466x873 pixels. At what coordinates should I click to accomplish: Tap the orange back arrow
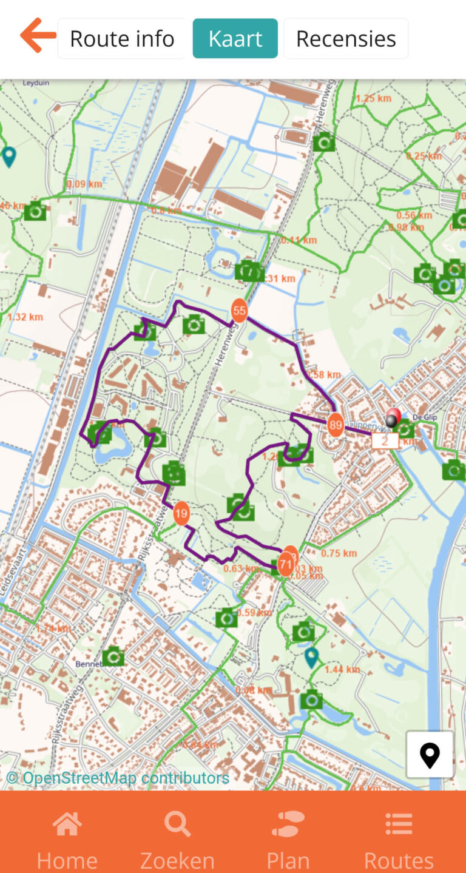coord(38,36)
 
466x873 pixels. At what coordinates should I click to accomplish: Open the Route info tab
coord(122,39)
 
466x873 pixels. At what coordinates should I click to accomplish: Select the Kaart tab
coord(235,39)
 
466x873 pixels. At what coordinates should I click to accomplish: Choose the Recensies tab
coord(346,39)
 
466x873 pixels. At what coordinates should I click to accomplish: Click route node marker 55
coord(240,311)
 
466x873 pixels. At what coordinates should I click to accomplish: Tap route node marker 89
coord(335,425)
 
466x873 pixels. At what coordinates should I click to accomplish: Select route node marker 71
coord(286,564)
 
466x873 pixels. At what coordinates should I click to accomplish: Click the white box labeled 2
coord(385,441)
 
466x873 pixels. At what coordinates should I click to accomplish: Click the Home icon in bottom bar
coord(67,824)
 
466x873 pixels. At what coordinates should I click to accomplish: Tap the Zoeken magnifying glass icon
coord(177,824)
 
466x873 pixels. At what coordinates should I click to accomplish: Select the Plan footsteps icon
coord(288,824)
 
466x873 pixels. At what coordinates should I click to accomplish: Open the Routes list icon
coord(399,824)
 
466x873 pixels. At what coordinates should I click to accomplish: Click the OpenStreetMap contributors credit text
coord(118,778)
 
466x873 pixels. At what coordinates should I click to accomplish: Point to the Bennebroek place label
coord(91,664)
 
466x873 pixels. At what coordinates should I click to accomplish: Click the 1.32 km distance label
coord(24,317)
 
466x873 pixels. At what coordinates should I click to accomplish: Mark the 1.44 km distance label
coord(342,670)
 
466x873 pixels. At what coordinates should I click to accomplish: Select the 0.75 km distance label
coord(339,553)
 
